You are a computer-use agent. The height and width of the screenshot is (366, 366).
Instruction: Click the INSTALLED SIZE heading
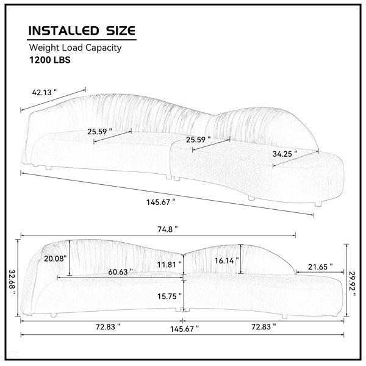tap(82, 31)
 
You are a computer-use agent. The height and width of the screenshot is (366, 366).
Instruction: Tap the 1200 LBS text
tap(50, 60)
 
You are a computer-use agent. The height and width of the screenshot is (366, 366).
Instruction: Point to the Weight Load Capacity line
tap(75, 48)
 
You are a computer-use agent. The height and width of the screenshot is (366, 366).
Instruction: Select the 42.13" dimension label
tap(45, 93)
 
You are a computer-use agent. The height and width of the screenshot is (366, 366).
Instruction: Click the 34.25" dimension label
tap(285, 154)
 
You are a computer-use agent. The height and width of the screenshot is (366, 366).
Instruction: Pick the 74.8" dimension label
tap(168, 229)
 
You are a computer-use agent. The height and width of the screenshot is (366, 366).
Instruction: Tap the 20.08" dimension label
tap(56, 259)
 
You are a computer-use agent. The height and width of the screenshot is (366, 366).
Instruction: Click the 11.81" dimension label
tap(169, 265)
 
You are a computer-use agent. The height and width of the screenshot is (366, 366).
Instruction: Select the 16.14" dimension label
tap(226, 260)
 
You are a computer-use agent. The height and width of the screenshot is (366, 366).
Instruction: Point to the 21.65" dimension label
tap(320, 267)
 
